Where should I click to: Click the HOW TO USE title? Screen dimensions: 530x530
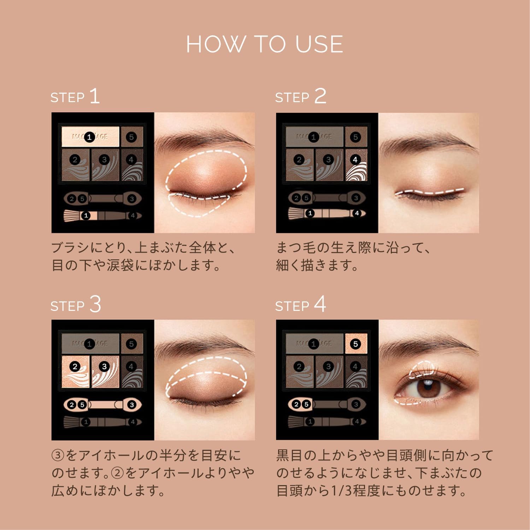tap(265, 45)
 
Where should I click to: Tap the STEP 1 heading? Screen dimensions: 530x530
tap(75, 96)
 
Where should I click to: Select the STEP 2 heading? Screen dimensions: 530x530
tap(300, 96)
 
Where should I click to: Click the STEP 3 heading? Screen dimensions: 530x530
tap(76, 305)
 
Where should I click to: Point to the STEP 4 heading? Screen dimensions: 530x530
tap(300, 305)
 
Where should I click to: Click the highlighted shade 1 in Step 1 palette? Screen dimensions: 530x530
tap(90, 137)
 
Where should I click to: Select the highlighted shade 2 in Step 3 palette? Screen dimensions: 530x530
tap(75, 371)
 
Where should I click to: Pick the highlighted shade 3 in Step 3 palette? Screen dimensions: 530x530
tap(105, 371)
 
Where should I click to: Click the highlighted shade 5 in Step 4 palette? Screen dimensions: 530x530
tap(356, 343)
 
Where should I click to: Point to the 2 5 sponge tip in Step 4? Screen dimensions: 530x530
tap(300, 405)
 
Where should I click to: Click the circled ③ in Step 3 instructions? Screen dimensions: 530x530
tap(58, 455)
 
